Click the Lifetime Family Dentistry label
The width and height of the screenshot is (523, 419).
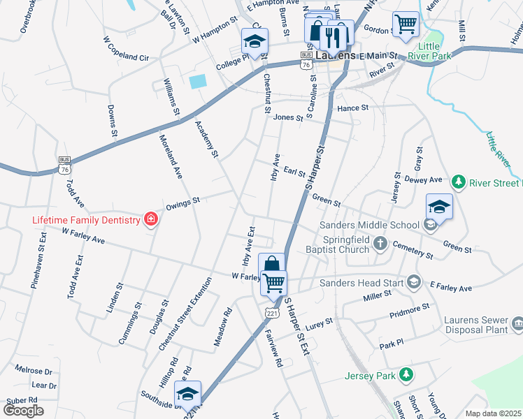87,220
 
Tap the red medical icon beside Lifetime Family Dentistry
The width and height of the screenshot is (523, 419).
150,220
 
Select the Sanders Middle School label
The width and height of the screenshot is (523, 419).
369,225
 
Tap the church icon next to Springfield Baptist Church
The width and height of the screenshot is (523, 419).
380,243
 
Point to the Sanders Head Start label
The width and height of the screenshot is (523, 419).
362,283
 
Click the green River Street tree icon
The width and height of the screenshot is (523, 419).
459,182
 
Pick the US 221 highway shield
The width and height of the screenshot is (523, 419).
271,313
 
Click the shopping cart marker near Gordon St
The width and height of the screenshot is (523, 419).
406,24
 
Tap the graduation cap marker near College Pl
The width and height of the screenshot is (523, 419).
255,41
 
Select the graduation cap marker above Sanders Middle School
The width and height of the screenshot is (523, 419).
439,207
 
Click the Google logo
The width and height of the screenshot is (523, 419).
24,411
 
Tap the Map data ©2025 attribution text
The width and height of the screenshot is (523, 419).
492,413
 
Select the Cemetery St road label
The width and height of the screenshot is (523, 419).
413,251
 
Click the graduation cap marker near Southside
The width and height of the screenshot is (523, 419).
187,395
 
